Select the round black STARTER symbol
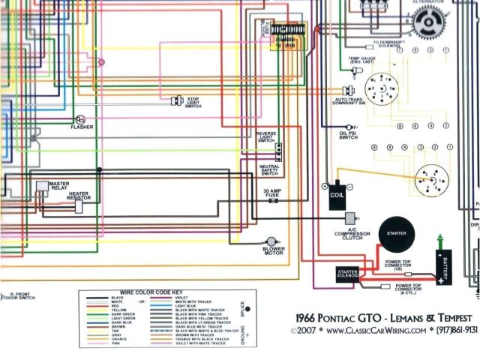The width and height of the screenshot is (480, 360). tap(396, 234)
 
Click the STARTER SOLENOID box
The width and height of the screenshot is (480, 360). tap(347, 274)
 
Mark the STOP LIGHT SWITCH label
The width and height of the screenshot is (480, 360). tap(193, 103)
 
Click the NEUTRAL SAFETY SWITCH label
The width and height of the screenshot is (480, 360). tap(268, 170)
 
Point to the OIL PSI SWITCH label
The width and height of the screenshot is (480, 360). tap(348, 135)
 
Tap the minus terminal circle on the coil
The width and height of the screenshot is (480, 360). tap(349, 185)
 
